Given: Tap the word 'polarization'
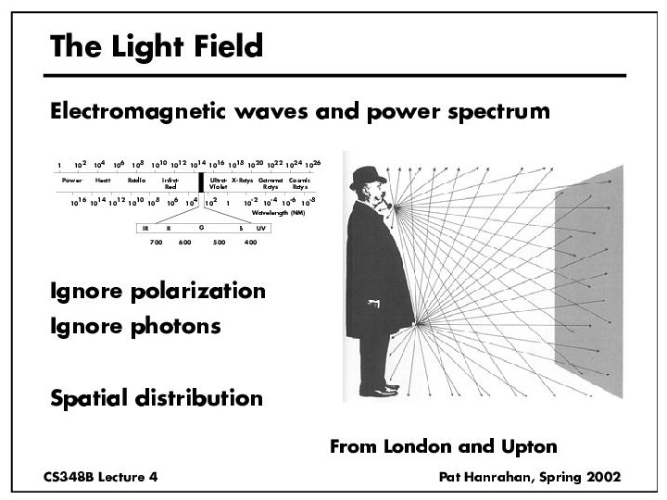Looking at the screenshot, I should point(208,292).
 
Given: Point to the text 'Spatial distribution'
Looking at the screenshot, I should point(156,398).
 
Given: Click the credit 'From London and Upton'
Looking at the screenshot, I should point(443,446).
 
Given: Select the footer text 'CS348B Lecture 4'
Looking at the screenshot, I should point(100,475).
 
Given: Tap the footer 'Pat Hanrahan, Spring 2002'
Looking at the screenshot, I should point(530,475).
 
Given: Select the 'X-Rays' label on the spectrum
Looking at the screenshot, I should point(243,180).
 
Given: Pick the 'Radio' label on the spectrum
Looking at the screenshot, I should point(137,180).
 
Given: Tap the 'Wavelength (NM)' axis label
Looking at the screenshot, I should point(278,212).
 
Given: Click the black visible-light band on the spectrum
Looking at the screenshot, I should point(200,182).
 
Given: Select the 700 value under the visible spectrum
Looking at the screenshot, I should point(156,243).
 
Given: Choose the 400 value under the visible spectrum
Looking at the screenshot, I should point(250,243).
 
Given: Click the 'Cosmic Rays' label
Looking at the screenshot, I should point(299,182).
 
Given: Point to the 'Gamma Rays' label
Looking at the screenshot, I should point(271,182).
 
